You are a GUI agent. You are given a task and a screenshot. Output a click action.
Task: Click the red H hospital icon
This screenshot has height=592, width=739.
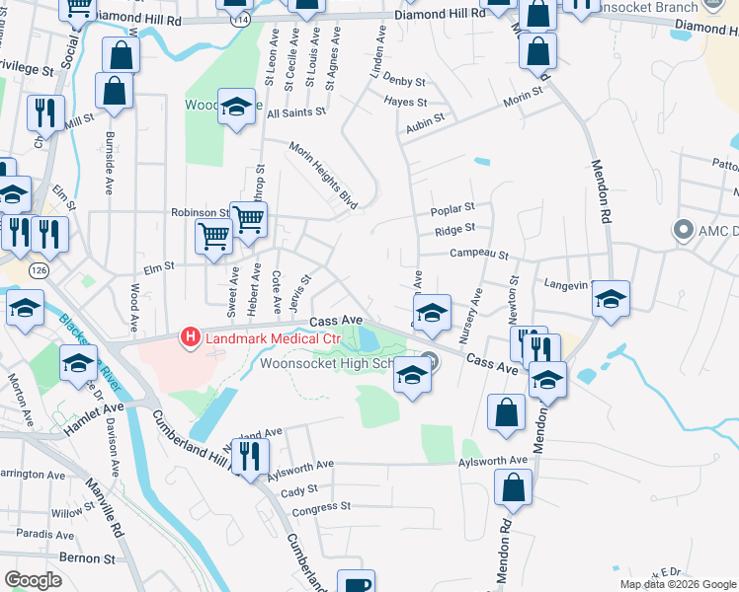point(189,338)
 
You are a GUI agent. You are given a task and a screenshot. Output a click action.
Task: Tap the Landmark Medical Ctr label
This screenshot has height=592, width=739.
point(272,339)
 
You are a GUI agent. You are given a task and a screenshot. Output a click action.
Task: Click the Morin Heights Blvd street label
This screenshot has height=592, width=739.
point(322,175)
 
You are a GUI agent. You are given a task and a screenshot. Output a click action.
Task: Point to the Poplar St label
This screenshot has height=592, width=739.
point(454,209)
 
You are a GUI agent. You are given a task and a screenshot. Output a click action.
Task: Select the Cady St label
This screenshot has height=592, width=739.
point(299,489)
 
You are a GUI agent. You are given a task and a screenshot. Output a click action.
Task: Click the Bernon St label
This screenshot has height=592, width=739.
point(88,557)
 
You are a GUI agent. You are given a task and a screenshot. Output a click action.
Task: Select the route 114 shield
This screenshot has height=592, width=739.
point(236,20)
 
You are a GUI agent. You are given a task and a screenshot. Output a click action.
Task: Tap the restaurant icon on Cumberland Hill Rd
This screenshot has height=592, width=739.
point(251,455)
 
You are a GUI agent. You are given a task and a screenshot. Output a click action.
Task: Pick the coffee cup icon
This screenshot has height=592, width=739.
point(356,584)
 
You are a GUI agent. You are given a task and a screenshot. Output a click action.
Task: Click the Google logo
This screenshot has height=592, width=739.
point(35,580)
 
